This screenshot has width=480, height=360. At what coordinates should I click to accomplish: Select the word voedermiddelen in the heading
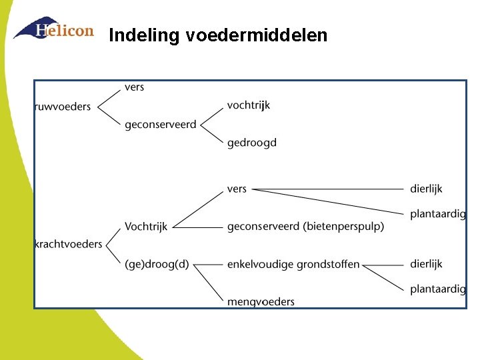click(257, 35)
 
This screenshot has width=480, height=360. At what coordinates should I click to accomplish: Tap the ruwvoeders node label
click(63, 107)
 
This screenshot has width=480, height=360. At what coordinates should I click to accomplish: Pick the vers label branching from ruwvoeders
click(134, 87)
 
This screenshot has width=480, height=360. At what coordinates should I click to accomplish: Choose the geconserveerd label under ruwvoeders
click(160, 125)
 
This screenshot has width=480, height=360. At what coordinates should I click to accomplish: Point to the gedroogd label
click(251, 143)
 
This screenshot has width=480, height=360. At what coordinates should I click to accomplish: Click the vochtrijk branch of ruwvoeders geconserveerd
click(248, 105)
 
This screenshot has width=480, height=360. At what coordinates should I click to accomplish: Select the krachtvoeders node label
click(68, 244)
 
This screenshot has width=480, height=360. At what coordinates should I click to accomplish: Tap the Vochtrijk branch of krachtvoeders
click(146, 227)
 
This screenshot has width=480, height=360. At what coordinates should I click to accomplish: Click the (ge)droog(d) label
click(157, 265)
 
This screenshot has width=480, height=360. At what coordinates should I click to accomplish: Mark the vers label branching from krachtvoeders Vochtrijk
click(237, 189)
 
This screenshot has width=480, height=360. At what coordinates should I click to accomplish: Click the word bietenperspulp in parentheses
click(343, 227)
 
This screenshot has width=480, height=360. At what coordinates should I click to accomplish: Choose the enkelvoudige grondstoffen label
click(293, 265)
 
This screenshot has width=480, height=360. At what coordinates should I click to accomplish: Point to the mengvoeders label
click(261, 302)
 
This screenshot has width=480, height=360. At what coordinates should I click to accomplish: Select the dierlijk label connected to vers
click(426, 189)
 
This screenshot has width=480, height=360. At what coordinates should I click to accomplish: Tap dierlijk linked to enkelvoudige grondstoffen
click(426, 265)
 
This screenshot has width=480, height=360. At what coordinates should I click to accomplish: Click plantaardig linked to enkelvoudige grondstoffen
click(438, 289)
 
